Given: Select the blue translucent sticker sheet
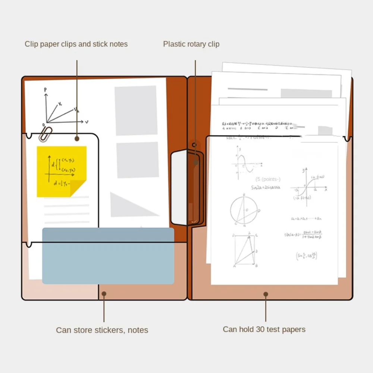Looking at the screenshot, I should point(108,256).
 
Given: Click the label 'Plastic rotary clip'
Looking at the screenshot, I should point(191,44).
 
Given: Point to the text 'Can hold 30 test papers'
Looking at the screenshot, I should point(264,329).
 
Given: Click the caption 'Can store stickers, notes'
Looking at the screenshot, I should point(102,330).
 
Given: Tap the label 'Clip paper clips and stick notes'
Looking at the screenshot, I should point(76,44).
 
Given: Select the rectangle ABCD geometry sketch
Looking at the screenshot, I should point(245,250).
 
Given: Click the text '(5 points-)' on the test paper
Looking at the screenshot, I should point(268,179).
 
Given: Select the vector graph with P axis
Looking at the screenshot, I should point(62,108).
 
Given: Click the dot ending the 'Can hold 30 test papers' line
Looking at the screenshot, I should point(266,294).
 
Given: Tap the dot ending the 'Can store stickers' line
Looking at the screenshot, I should point(104,294).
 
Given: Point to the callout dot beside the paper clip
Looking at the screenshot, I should point(77,138).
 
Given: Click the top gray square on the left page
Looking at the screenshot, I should point(136,110).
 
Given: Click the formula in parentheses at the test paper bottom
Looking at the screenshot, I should point(306,256).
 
